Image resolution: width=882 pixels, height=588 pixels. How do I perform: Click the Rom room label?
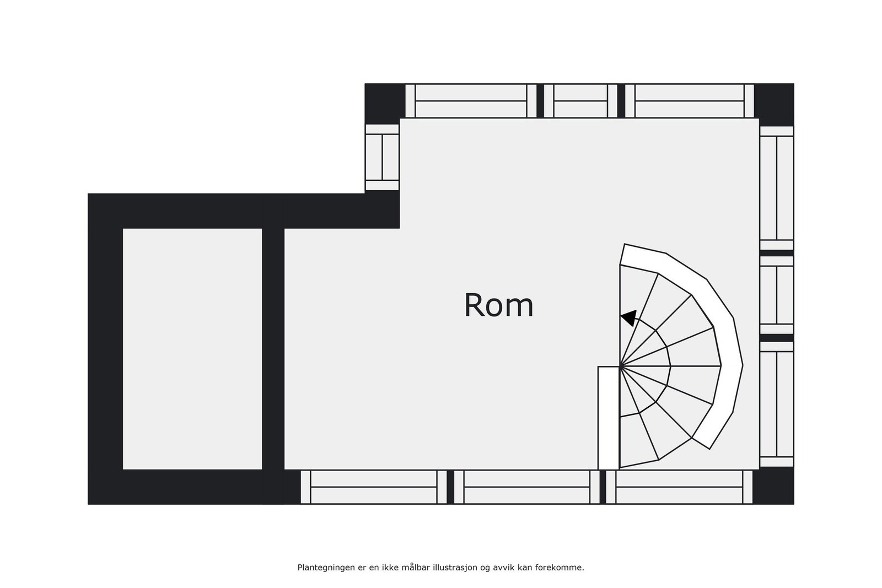click(498, 305)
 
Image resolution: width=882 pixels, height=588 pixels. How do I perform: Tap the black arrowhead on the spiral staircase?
click(629, 317)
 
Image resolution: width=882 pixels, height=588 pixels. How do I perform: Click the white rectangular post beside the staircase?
click(609, 418)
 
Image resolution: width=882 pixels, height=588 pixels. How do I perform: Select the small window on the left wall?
click(382, 158)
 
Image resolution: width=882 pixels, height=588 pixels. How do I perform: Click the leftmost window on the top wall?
click(471, 101)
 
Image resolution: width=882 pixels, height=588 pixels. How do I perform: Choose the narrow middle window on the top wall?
click(581, 101)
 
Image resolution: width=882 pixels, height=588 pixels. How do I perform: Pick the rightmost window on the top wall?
click(690, 101)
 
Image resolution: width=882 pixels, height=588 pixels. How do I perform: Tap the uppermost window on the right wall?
click(777, 188)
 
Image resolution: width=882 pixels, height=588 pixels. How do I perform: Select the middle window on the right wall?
click(777, 295)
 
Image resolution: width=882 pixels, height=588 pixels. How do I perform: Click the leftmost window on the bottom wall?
click(374, 487)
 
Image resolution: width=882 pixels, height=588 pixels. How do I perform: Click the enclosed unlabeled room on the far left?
click(192, 349)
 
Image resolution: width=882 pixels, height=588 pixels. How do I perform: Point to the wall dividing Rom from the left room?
click(273, 349)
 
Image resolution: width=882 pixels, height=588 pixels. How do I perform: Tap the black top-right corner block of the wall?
click(774, 101)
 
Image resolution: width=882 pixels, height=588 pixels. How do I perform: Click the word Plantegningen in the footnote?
click(326, 568)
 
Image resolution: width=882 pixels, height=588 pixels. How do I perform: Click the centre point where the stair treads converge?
click(620, 366)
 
